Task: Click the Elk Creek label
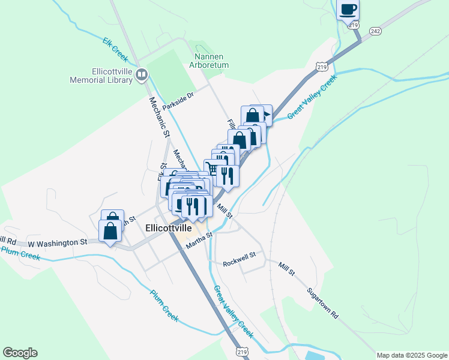[x=115, y=49]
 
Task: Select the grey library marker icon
[x=142, y=75]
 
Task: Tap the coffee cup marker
[x=348, y=10]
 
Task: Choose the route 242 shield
[x=375, y=31]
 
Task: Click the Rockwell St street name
[x=239, y=263]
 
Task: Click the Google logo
[x=20, y=353]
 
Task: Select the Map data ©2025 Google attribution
[x=411, y=355]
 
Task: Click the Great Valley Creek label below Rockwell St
[x=234, y=311]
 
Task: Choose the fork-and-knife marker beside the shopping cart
[x=228, y=175]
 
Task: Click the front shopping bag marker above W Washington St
[x=111, y=230]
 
